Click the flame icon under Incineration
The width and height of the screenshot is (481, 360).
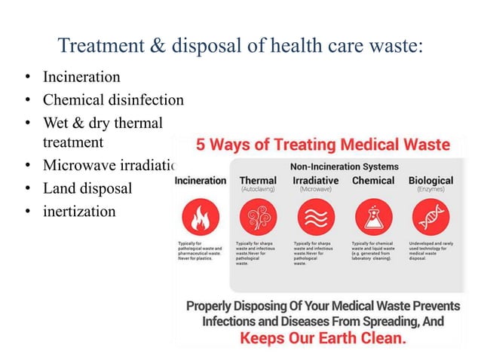pos(200,218)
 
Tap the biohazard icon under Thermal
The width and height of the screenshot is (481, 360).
pos(258,218)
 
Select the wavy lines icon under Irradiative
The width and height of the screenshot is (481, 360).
pos(315,218)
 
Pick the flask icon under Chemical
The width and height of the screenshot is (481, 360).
pos(373,218)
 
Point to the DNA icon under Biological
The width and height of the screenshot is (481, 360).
pos(430,218)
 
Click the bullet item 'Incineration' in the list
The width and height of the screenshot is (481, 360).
pos(81,78)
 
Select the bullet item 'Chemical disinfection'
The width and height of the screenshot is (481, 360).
pos(113,100)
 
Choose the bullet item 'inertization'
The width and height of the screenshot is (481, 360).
pos(79,210)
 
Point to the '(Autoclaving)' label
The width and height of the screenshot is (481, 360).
pos(257,191)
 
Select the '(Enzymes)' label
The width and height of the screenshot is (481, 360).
pos(431,191)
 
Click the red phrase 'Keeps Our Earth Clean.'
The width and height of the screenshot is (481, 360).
pos(322,338)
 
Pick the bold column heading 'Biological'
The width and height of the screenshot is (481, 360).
pos(430,181)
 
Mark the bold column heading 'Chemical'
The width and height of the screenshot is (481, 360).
pos(373,181)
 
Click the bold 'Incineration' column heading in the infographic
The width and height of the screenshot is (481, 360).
pos(201,181)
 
